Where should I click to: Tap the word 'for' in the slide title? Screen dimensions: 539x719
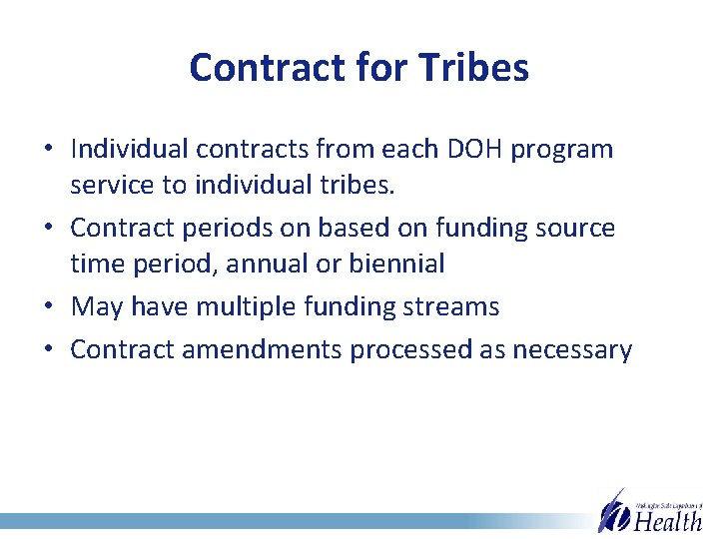(383, 68)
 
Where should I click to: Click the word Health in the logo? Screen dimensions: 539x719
(668, 520)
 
